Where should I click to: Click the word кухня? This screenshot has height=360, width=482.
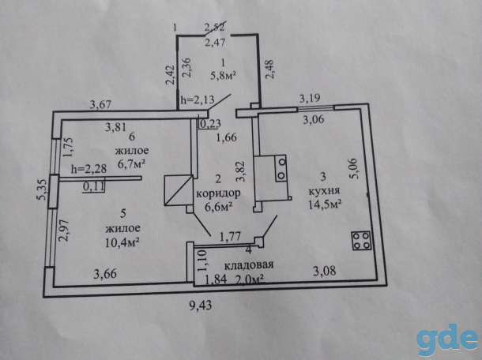[x=324, y=191]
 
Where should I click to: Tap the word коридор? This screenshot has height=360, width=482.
[x=218, y=194]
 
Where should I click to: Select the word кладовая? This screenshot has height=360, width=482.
[x=249, y=264]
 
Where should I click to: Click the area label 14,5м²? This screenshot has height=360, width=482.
[x=325, y=204]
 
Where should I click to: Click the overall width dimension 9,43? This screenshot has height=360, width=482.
[x=201, y=306]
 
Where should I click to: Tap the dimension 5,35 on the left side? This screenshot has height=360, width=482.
[x=42, y=189]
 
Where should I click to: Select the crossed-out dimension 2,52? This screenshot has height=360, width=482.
[x=216, y=27]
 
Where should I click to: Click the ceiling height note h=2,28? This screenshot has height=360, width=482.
[x=88, y=169]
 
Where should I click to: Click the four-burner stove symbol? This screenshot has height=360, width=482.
[x=361, y=241]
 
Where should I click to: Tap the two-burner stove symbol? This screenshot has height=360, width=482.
[x=281, y=168]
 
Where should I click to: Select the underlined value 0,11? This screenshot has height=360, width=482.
[x=94, y=186]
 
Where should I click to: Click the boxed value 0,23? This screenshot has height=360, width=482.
[x=210, y=124]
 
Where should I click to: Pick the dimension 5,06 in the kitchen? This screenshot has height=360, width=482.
[x=352, y=169]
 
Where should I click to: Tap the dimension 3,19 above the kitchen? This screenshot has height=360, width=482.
[x=310, y=99]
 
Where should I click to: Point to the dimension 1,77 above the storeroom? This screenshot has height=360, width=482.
[x=230, y=237]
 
